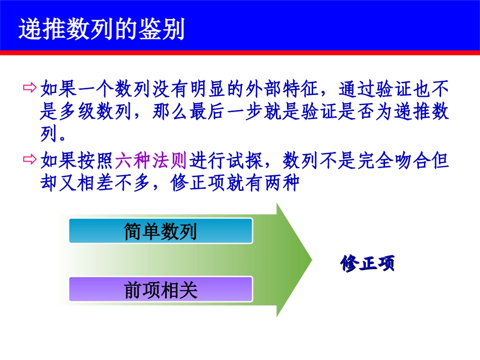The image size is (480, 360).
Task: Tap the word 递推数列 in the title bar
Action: [63, 30]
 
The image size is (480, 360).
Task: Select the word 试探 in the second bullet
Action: [245, 161]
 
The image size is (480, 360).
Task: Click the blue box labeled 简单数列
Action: [161, 231]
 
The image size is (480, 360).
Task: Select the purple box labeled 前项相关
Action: [161, 290]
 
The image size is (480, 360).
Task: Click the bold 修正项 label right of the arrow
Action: [367, 264]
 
